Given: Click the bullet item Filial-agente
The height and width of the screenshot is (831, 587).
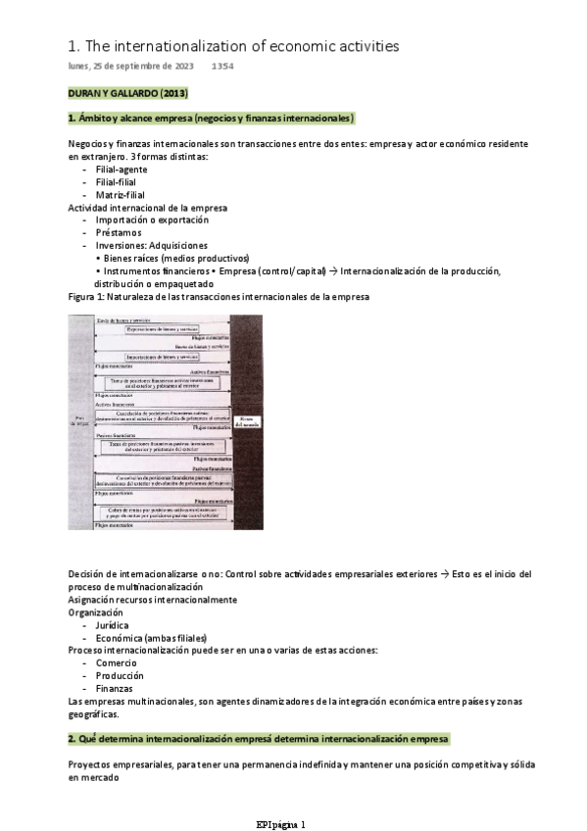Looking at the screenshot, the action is [122, 170].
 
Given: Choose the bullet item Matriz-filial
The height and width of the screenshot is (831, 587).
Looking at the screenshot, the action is [121, 194].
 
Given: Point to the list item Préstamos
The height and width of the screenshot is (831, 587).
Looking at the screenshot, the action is [119, 232].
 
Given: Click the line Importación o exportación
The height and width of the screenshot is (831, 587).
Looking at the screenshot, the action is [149, 220].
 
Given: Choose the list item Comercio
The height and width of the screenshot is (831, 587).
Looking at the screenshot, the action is [117, 662].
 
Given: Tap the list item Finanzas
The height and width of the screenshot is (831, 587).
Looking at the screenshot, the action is [116, 688].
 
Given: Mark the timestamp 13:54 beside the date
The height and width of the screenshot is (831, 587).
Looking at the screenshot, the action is [222, 67].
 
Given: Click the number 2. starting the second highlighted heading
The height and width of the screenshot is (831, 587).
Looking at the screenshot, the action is [72, 737].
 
